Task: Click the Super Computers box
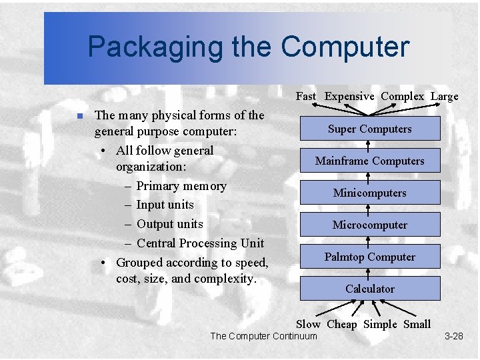pyautogui.click(x=370, y=129)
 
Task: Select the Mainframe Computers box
pyautogui.click(x=370, y=161)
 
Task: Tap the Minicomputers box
pyautogui.click(x=370, y=193)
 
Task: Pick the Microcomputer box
pyautogui.click(x=370, y=225)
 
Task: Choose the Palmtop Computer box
pyautogui.click(x=370, y=257)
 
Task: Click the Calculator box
pyautogui.click(x=370, y=289)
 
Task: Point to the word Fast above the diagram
pyautogui.click(x=306, y=96)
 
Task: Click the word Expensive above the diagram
pyautogui.click(x=349, y=96)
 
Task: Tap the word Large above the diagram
pyautogui.click(x=444, y=96)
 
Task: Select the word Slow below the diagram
pyautogui.click(x=308, y=324)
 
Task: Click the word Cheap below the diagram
pyautogui.click(x=342, y=324)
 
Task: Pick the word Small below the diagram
pyautogui.click(x=417, y=324)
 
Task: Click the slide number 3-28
pyautogui.click(x=453, y=336)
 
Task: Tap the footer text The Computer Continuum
pyautogui.click(x=264, y=336)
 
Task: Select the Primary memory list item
pyautogui.click(x=181, y=186)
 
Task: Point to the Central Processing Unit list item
pyautogui.click(x=200, y=243)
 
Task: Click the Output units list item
pyautogui.click(x=169, y=224)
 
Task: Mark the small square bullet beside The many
pyautogui.click(x=78, y=116)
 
